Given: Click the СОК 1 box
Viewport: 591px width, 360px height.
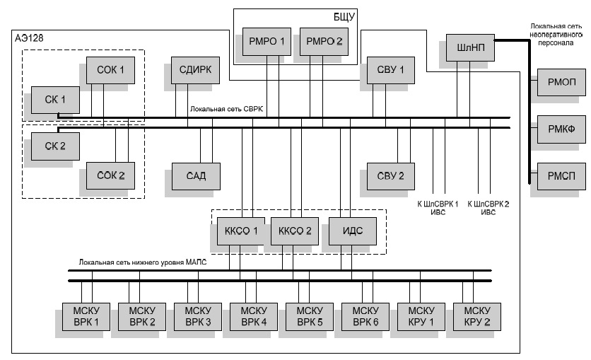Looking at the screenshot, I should (x=110, y=69).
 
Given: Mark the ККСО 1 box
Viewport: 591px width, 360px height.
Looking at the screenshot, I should (x=240, y=231).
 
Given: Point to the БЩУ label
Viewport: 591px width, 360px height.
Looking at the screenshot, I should (x=344, y=16).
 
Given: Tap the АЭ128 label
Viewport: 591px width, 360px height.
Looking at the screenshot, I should (x=29, y=37).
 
